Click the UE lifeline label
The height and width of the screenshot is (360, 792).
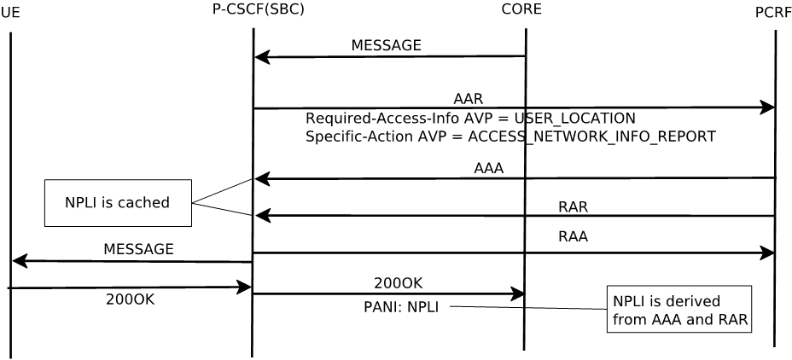tap(10, 13)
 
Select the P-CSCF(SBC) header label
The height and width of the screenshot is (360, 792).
tap(258, 9)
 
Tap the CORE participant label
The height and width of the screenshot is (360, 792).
tap(521, 9)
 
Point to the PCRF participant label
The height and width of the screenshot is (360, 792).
tap(773, 13)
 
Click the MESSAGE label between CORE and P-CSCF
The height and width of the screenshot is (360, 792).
tap(386, 45)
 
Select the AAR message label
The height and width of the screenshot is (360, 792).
tap(468, 99)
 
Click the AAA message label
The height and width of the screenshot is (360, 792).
tap(488, 169)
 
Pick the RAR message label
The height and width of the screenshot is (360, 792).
tap(573, 206)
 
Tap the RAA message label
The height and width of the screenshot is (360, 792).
tap(573, 237)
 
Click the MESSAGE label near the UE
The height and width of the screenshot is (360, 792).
tap(138, 249)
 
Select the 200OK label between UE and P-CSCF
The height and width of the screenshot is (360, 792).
tap(130, 299)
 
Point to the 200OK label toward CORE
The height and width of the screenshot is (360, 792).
tap(398, 283)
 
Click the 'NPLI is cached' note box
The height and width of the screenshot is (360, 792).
tap(118, 203)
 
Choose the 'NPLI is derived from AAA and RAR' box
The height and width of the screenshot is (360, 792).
tap(678, 310)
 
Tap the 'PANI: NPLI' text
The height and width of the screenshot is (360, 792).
tap(401, 307)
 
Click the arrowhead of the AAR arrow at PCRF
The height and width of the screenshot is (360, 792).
tap(768, 107)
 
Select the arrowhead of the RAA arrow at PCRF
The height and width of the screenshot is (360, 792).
tap(768, 253)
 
